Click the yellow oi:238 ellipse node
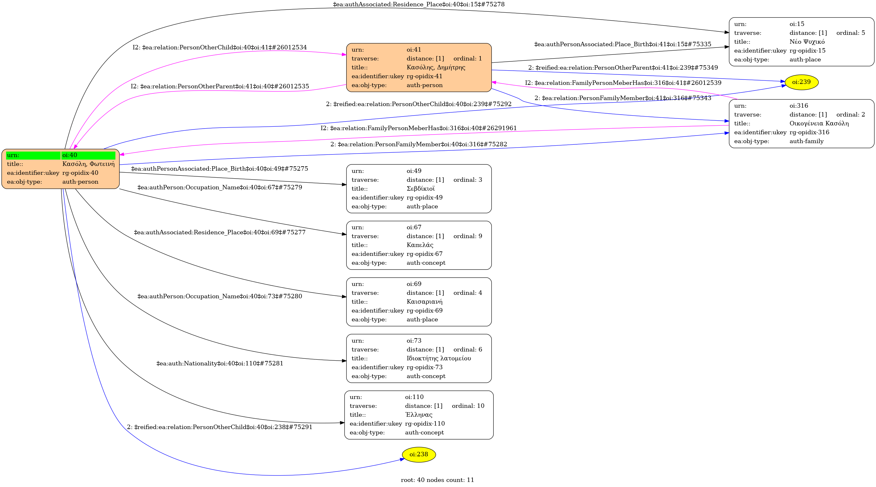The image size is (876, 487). pos(419,454)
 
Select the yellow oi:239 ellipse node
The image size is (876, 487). pos(801,82)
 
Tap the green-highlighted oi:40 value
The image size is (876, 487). pos(88,155)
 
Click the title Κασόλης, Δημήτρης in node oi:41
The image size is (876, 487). pos(435,67)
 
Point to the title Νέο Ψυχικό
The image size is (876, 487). pos(807,42)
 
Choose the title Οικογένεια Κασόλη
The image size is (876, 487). pos(819,123)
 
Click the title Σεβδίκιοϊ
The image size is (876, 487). pos(421,188)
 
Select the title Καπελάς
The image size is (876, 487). pos(420,245)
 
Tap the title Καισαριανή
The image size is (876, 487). pos(424,301)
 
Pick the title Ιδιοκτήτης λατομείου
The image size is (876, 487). pos(439,358)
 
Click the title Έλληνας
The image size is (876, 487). pos(419,415)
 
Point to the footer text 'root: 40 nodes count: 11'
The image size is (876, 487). pos(437,480)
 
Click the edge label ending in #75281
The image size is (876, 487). pos(220,364)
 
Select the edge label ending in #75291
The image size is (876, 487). pos(220,427)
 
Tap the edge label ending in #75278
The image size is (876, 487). pos(419,4)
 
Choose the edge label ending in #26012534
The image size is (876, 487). pos(220,47)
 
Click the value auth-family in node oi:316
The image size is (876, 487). pos(806,141)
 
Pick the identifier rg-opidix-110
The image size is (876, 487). pos(425,424)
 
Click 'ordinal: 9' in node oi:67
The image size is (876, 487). pos(467,236)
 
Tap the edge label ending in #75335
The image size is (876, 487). pos(623,44)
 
